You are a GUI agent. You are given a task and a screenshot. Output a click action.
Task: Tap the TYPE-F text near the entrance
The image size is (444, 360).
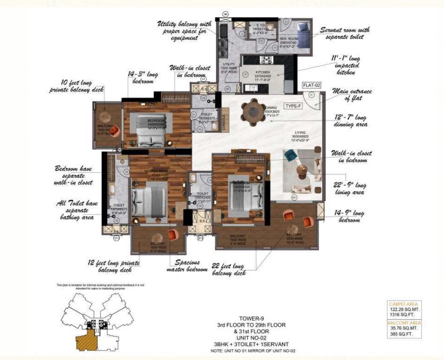(x=293, y=105)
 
